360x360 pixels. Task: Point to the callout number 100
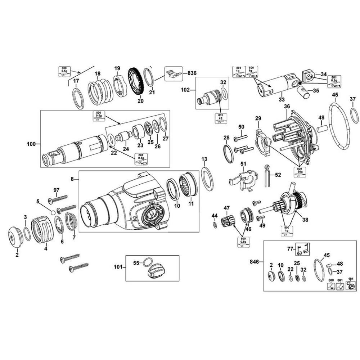point(31,144)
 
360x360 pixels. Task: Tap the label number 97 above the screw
point(56,190)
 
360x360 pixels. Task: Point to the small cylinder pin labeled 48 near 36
point(322,127)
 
